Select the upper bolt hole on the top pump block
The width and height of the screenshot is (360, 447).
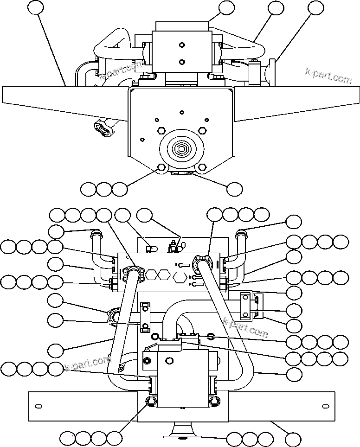tap(181, 45)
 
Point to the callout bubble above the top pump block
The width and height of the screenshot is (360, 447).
tap(226, 7)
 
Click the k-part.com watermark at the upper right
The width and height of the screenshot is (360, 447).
tap(328, 75)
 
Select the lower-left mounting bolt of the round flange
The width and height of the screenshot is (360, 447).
tap(161, 167)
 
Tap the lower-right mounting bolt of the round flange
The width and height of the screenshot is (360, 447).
tap(201, 167)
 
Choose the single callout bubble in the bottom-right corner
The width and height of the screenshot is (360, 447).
tap(293, 439)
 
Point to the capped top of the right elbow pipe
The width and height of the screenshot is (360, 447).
tap(241, 233)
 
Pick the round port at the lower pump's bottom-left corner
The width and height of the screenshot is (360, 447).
tap(151, 401)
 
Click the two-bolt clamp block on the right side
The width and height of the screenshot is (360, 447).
tap(245, 306)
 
